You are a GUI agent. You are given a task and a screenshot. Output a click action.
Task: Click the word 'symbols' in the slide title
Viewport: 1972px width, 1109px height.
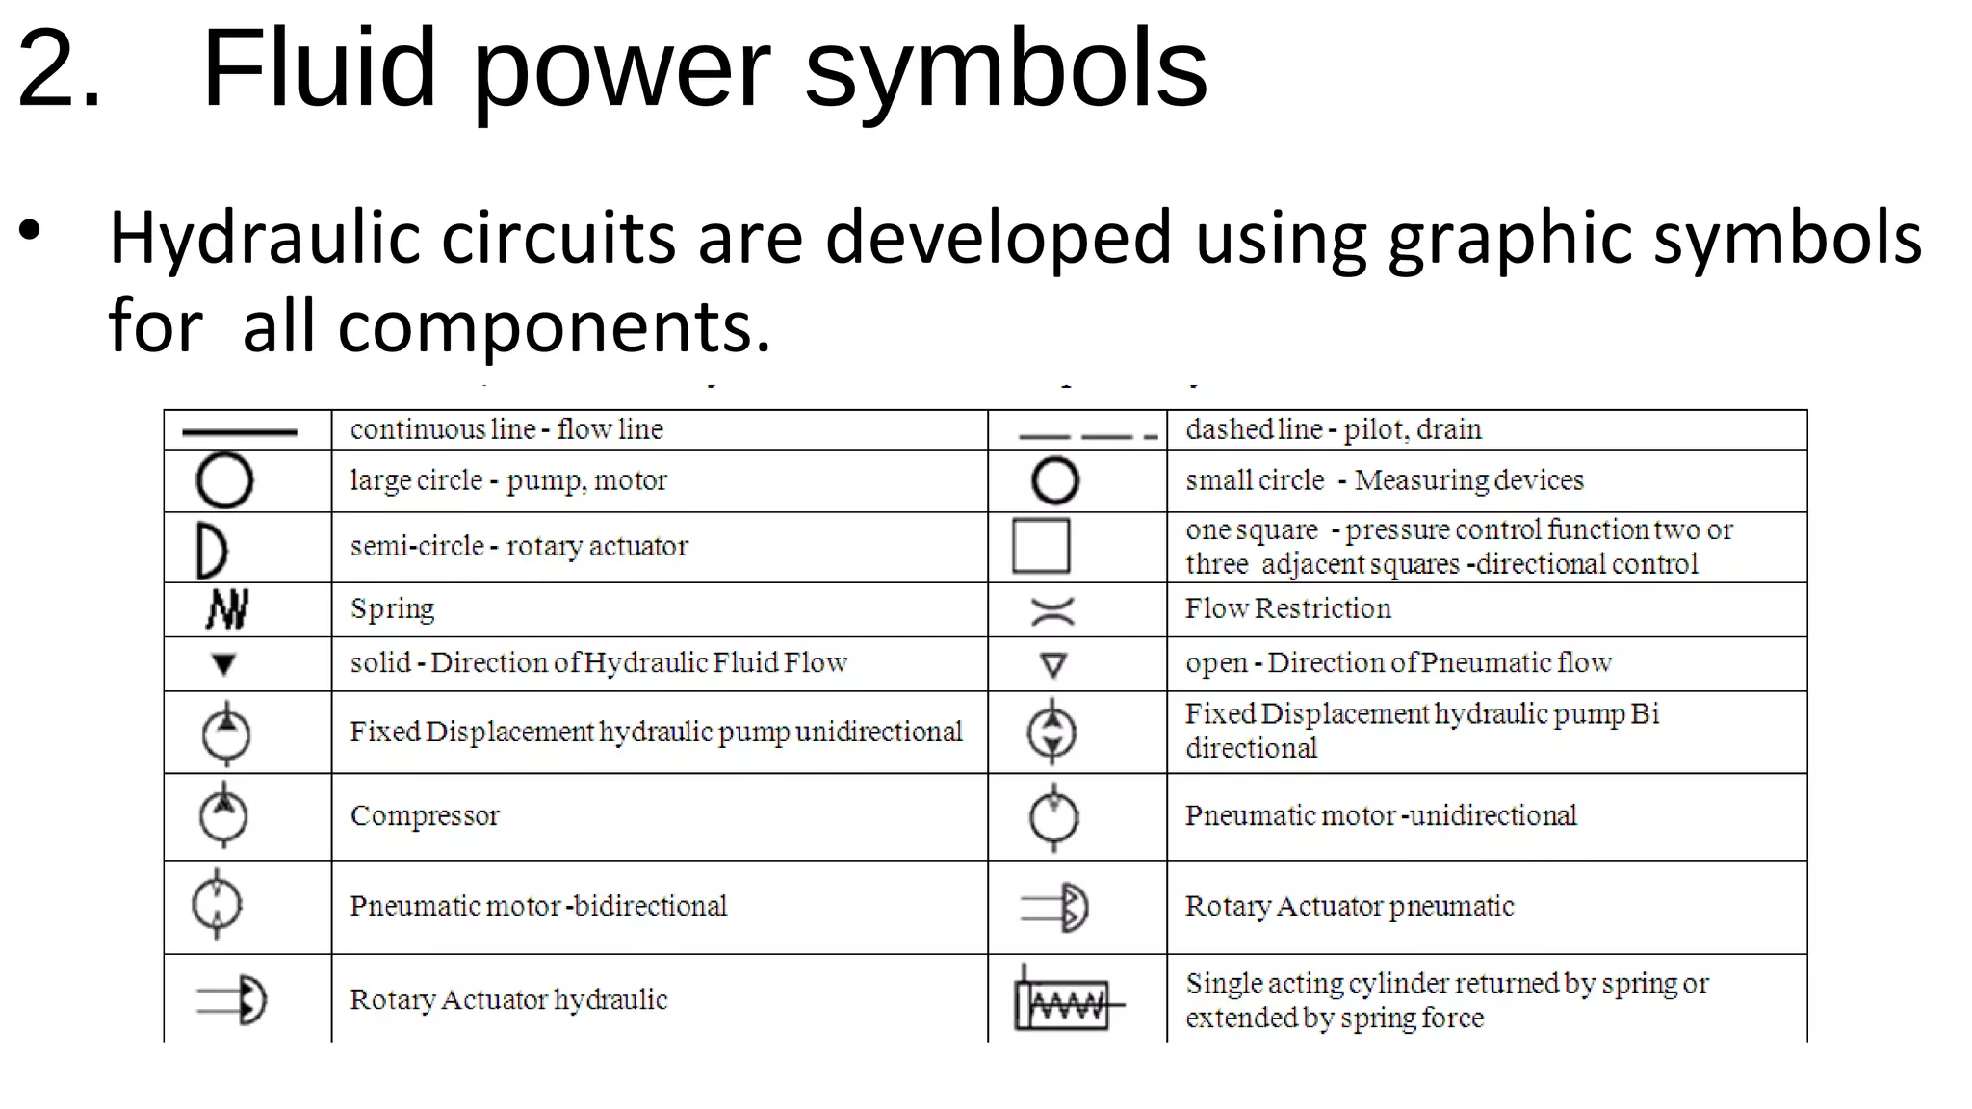[x=1005, y=69]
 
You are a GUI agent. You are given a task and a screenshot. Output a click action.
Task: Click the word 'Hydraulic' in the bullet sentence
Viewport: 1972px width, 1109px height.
[x=264, y=240]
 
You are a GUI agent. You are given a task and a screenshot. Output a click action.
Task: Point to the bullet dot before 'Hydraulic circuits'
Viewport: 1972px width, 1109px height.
[x=30, y=230]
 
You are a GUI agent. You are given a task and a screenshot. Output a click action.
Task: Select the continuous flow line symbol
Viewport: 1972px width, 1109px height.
[x=239, y=432]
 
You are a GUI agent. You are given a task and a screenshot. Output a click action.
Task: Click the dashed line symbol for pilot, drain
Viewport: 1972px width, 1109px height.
[x=1086, y=436]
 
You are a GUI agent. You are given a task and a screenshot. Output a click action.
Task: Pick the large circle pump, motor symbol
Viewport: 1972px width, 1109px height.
[x=224, y=480]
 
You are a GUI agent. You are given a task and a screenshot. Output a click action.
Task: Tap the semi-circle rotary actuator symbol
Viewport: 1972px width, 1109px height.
[x=212, y=550]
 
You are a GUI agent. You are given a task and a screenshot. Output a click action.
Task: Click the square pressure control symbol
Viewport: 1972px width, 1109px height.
[x=1041, y=546]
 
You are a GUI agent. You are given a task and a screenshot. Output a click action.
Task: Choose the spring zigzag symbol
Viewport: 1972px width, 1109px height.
[x=227, y=609]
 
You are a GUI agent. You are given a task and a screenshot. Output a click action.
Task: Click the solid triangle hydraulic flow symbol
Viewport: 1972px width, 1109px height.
[x=223, y=664]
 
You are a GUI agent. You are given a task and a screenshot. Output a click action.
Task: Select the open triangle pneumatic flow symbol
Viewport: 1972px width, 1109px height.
[x=1053, y=665]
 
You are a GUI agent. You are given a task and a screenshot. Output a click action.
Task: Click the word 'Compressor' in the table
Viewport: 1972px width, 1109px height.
[x=425, y=816]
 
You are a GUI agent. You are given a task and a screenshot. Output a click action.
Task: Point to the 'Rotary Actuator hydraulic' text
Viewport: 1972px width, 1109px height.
[x=508, y=1000]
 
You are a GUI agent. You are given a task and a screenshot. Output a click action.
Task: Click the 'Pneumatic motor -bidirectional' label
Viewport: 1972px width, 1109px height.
[x=538, y=907]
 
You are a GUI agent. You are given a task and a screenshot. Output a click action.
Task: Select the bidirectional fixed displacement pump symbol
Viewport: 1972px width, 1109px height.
[x=1052, y=733]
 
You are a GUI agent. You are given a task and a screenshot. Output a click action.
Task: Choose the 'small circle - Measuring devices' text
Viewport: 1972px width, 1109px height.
[x=1384, y=480]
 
